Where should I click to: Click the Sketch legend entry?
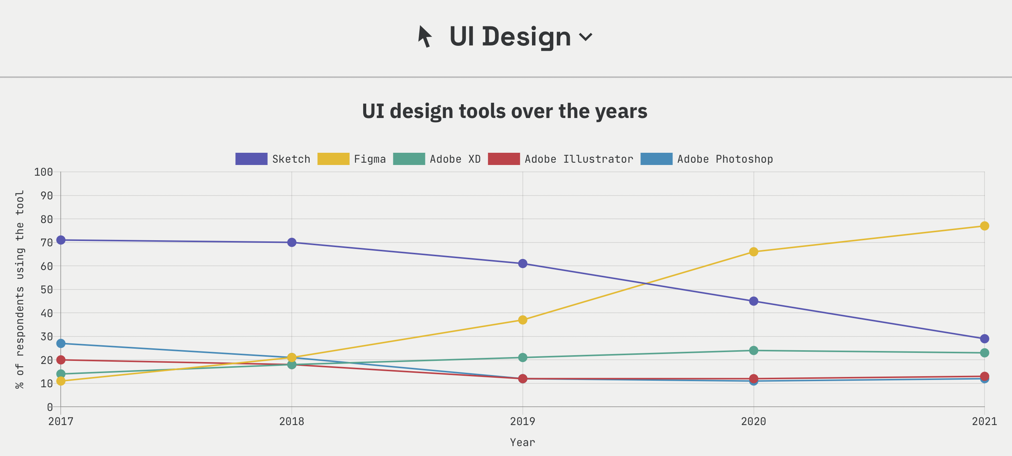273,159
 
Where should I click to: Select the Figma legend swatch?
333,159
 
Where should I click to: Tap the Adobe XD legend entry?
437,159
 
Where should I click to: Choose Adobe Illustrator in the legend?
560,159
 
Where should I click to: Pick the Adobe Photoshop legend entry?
706,159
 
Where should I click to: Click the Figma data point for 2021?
984,226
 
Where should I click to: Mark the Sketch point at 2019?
522,264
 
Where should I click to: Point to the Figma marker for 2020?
753,252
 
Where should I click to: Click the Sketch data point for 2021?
984,339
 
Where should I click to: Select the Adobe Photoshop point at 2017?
61,343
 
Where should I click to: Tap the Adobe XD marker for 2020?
753,350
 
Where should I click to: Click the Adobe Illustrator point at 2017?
61,360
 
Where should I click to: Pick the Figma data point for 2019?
522,320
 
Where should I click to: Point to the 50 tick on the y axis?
47,290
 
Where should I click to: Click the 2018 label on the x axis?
291,421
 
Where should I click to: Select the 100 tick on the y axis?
44,172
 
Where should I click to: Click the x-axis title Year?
522,443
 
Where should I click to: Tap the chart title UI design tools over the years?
504,111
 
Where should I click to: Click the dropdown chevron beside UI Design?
585,37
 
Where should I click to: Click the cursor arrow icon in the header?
425,37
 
